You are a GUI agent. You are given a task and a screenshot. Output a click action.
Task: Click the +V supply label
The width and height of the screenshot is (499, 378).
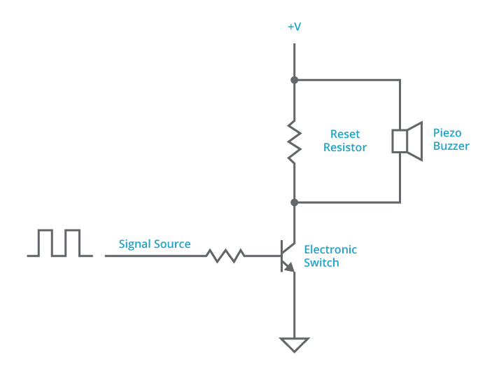pyautogui.click(x=294, y=27)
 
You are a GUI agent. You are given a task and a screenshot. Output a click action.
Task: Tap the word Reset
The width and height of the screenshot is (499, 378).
pyautogui.click(x=345, y=134)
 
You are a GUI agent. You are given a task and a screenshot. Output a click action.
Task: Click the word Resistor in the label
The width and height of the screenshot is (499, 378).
pyautogui.click(x=345, y=148)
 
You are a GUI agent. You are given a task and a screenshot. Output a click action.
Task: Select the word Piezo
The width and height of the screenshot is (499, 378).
pyautogui.click(x=447, y=133)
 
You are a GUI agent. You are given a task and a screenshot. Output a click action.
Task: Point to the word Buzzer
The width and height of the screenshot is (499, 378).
pyautogui.click(x=451, y=146)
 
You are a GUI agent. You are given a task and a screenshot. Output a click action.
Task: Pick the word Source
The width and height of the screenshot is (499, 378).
pyautogui.click(x=173, y=244)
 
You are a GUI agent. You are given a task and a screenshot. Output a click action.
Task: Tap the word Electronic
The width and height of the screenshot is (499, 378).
pyautogui.click(x=330, y=250)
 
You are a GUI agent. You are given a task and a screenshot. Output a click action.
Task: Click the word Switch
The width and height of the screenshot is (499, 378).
pyautogui.click(x=321, y=263)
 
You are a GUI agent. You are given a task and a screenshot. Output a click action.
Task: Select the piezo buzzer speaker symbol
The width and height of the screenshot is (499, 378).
pyautogui.click(x=408, y=141)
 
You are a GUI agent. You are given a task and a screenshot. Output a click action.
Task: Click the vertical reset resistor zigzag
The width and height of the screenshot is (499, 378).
pyautogui.click(x=295, y=141)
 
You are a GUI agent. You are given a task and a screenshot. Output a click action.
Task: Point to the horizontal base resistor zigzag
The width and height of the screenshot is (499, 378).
pyautogui.click(x=225, y=255)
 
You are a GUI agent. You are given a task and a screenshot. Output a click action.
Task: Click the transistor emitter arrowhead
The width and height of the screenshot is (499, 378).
pyautogui.click(x=289, y=267)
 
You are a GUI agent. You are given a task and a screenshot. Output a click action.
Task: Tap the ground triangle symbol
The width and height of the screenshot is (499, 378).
pyautogui.click(x=294, y=345)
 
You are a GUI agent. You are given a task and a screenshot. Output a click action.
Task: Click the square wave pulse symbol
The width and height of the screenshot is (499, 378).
pyautogui.click(x=59, y=243)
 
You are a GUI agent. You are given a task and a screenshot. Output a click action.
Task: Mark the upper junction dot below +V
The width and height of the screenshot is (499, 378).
pyautogui.click(x=295, y=80)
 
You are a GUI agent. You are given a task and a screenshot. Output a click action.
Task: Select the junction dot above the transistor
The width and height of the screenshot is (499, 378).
pyautogui.click(x=295, y=202)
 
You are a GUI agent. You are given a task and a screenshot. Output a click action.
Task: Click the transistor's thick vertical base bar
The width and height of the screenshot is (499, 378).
pyautogui.click(x=281, y=255)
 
